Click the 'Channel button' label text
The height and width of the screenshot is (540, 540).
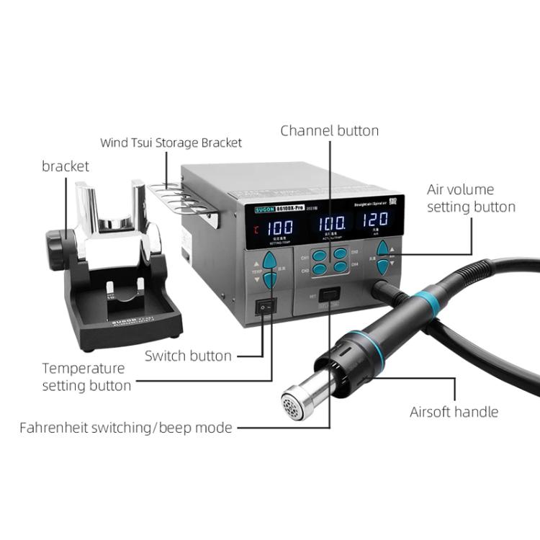pos(329,130)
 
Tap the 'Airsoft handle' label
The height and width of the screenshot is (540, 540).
pos(454,412)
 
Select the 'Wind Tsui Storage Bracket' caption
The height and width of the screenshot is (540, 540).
pos(171,143)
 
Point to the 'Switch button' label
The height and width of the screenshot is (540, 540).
pos(188,356)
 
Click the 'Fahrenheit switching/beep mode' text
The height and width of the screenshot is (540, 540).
pos(125,428)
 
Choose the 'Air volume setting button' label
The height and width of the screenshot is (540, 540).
pos(471,198)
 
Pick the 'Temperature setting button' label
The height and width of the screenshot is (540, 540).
pos(86,377)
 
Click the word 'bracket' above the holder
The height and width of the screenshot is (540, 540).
pos(66,166)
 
